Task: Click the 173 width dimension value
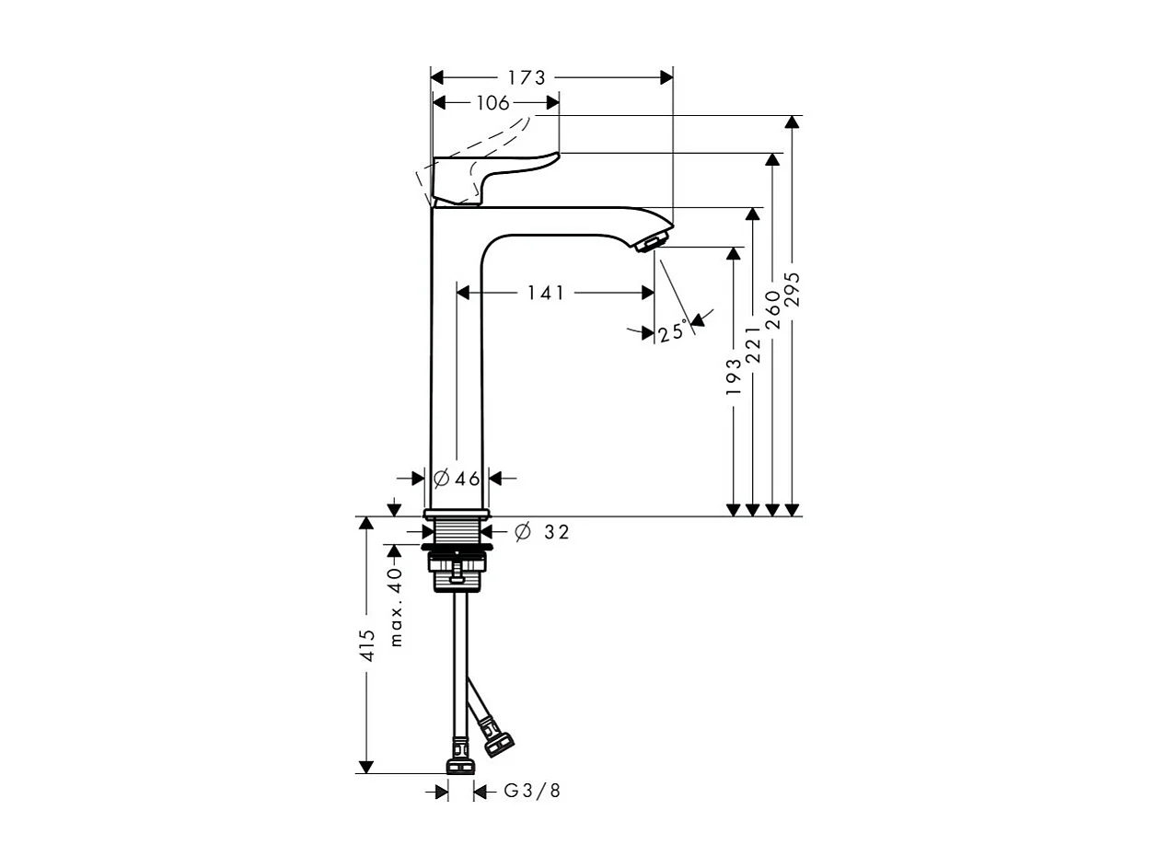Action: coord(527,78)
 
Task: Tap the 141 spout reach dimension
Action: coord(545,293)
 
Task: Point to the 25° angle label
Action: coord(673,331)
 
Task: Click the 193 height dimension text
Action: coord(734,376)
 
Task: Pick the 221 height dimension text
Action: coord(753,343)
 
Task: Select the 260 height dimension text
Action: coord(773,308)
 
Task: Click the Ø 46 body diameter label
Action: coord(457,478)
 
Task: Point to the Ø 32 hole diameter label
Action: coord(542,532)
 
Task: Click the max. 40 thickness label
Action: coord(396,607)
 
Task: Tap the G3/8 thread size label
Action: coord(532,791)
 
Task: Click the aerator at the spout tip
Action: coord(649,243)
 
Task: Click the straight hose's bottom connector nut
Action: coord(459,765)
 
